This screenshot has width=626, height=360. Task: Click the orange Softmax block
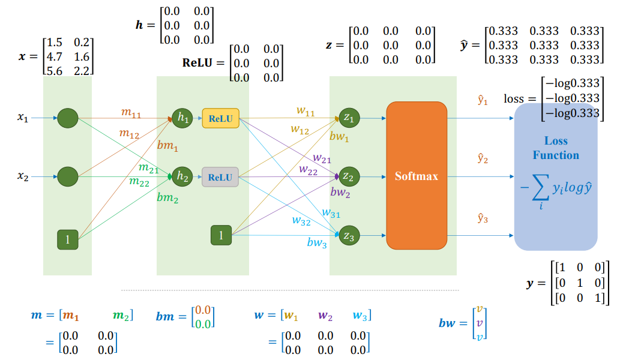point(417,176)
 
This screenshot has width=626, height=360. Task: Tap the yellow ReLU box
point(221,118)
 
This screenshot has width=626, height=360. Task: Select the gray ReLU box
point(220,177)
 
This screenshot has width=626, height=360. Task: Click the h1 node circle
point(182,118)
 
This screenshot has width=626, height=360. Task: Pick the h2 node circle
point(182,176)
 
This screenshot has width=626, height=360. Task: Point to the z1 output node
point(349,118)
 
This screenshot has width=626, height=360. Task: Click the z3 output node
point(349,235)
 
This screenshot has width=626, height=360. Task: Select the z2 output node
point(349,176)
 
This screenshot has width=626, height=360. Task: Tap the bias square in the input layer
point(67,239)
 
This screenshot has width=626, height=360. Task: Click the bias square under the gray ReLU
point(221,235)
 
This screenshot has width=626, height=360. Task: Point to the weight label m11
point(131,113)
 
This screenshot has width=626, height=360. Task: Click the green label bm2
point(167,197)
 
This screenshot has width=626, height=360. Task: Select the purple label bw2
point(340,193)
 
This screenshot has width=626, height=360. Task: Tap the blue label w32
point(301,220)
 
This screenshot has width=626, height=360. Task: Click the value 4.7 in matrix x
point(54,56)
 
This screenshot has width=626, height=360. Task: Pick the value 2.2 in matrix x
point(82,71)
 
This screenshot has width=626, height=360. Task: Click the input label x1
point(23,118)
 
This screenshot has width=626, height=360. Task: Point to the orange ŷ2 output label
point(483,159)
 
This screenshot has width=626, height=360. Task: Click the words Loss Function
point(556,148)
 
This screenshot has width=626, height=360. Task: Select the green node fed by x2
point(67,176)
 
